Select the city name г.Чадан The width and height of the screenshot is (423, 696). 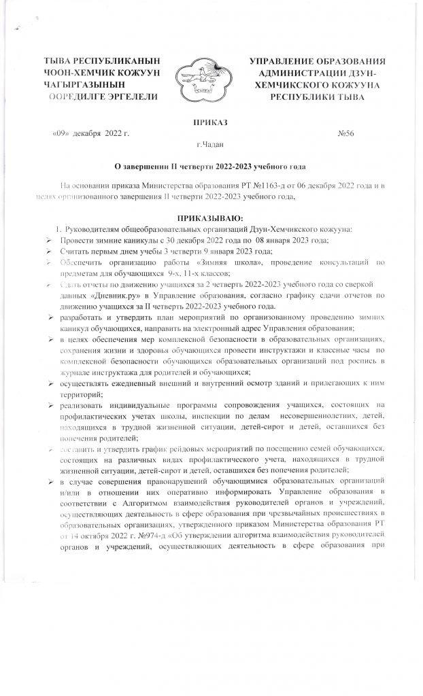point(211,144)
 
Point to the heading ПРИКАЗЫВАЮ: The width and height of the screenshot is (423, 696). point(211,217)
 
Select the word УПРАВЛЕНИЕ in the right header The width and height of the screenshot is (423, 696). point(282,61)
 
